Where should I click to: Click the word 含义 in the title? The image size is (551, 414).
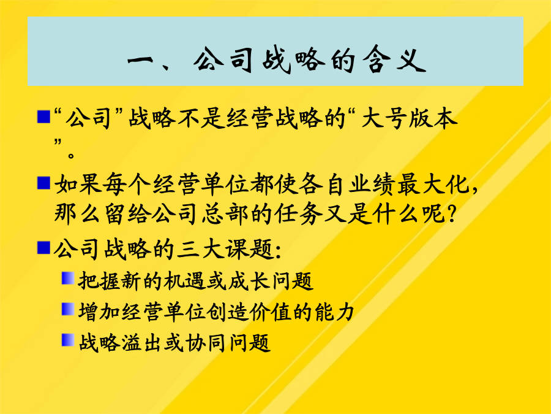coord(394,60)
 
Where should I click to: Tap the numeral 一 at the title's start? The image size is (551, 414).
coord(141,61)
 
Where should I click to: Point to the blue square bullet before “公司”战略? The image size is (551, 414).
coord(43,117)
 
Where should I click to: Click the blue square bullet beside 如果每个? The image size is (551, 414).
coord(43,183)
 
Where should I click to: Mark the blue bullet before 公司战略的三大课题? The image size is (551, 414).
coord(43,248)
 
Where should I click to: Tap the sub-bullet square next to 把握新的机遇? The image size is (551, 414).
coord(68,278)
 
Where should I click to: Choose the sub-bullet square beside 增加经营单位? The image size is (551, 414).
coord(68,309)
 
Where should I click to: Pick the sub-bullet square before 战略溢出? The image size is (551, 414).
coord(68,340)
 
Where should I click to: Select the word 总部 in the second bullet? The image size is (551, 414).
coord(225,213)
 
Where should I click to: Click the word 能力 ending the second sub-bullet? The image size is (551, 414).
coord(334,312)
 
